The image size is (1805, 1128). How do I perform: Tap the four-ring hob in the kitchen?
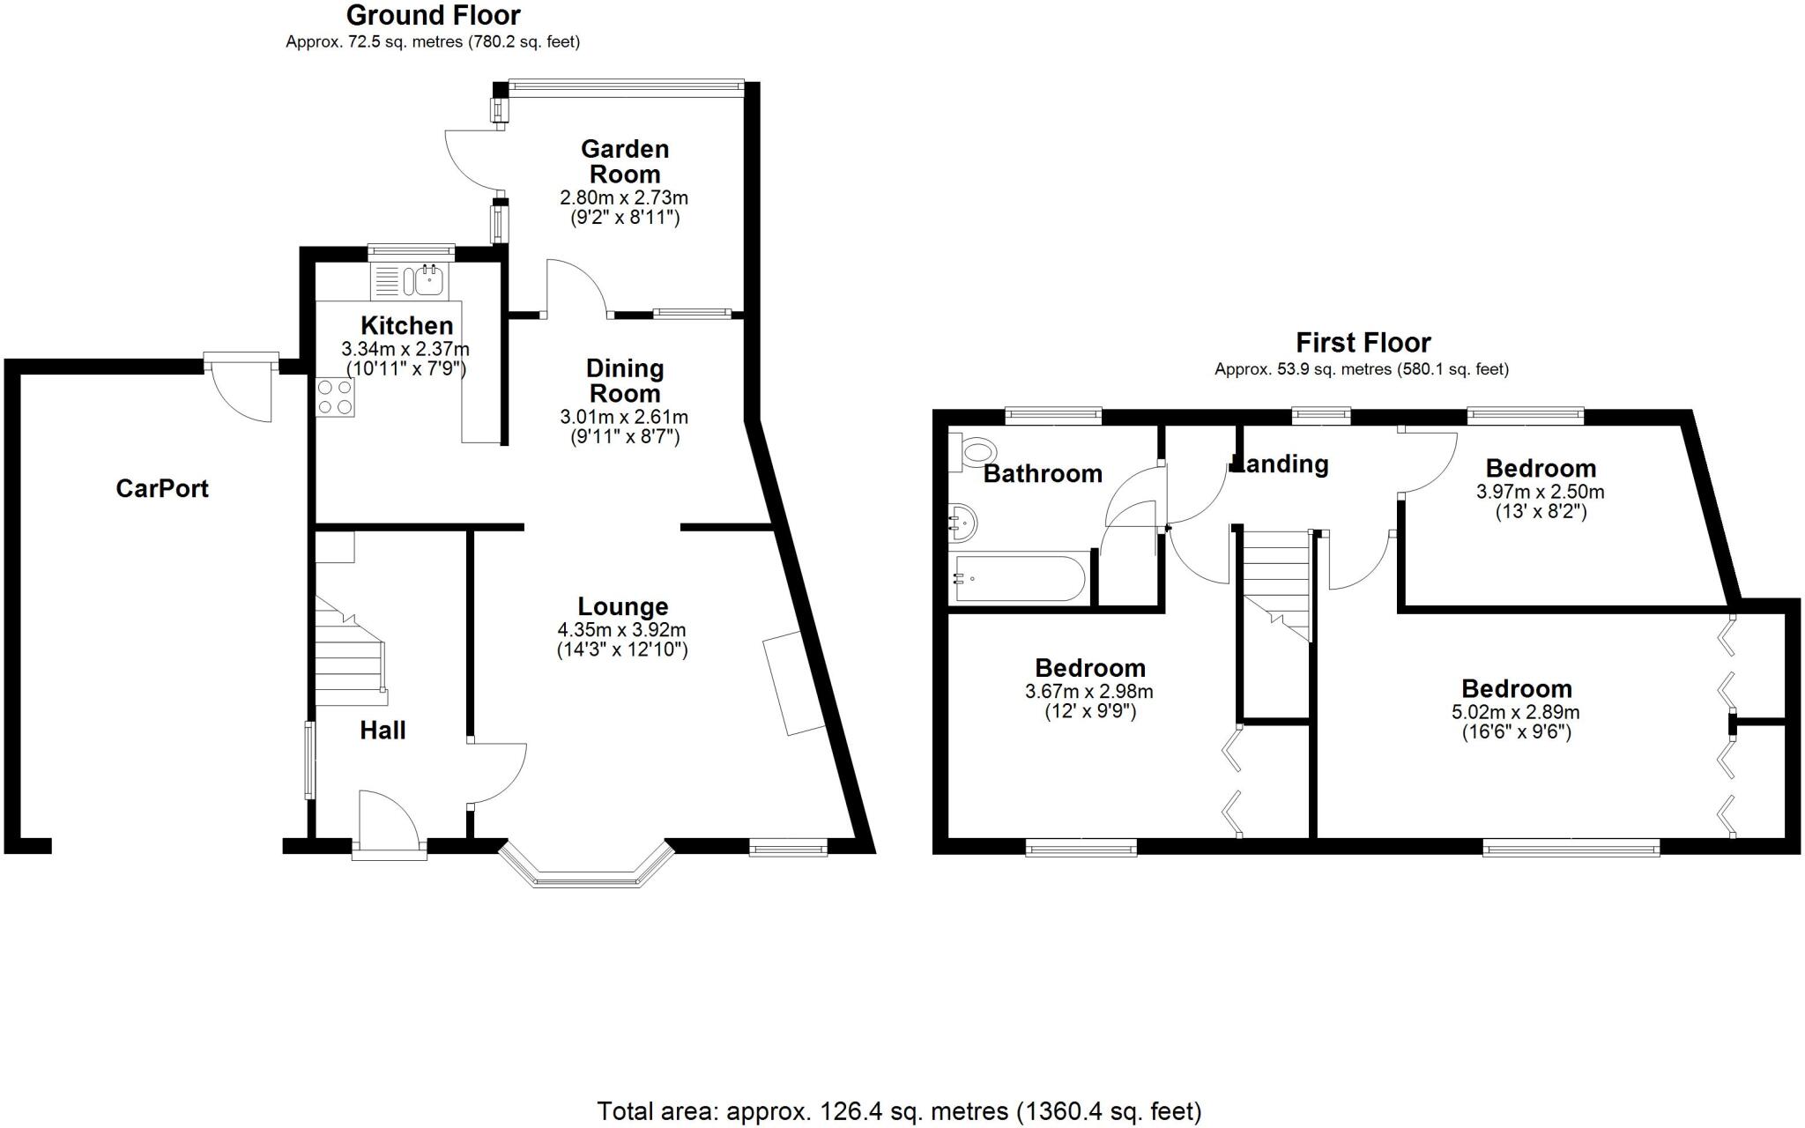pyautogui.click(x=335, y=397)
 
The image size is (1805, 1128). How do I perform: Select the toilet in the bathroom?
pyautogui.click(x=973, y=453)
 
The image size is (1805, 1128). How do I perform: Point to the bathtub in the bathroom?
pyautogui.click(x=1021, y=578)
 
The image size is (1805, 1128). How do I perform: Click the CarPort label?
pyautogui.click(x=162, y=488)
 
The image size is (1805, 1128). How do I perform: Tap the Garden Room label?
pyautogui.click(x=625, y=161)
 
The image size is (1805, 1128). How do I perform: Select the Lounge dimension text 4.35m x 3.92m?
pyautogui.click(x=621, y=630)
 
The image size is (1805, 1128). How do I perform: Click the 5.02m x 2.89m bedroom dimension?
pyautogui.click(x=1516, y=712)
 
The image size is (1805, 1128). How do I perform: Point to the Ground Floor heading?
pyautogui.click(x=433, y=15)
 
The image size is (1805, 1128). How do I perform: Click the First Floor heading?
pyautogui.click(x=1363, y=342)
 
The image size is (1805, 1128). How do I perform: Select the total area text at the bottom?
pyautogui.click(x=899, y=1111)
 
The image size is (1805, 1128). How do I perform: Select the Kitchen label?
pyautogui.click(x=406, y=325)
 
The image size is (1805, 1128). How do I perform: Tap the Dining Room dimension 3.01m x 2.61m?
pyautogui.click(x=624, y=417)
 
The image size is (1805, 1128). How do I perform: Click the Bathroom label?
pyautogui.click(x=1043, y=473)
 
